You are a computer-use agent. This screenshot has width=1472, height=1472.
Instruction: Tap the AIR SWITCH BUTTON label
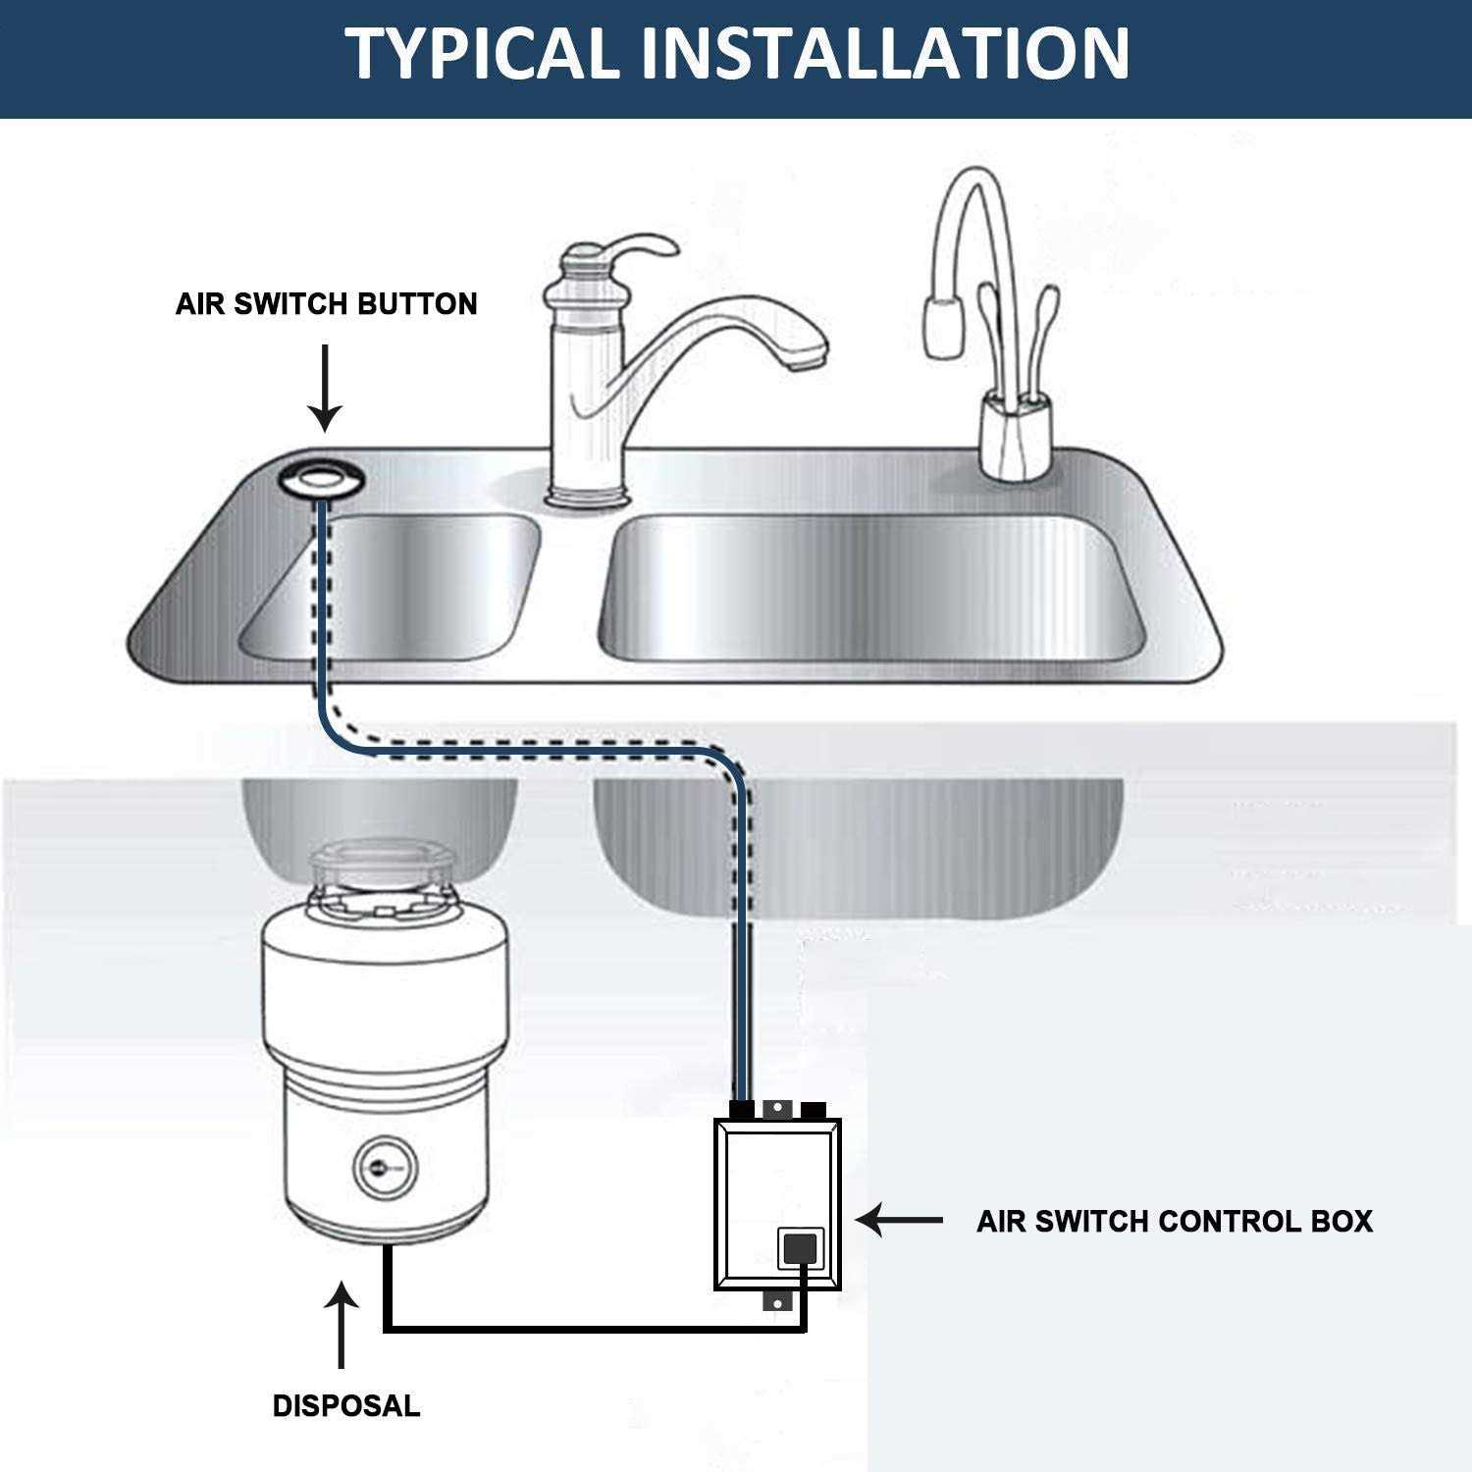(326, 304)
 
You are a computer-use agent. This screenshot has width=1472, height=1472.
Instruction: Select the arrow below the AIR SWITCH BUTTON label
(326, 388)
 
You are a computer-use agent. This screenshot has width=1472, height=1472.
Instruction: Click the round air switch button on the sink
(322, 478)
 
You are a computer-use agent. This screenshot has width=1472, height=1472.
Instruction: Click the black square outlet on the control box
(800, 1247)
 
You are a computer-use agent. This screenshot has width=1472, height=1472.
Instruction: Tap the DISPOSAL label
(345, 1405)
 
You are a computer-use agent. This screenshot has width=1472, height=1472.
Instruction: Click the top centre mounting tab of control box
(776, 1108)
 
